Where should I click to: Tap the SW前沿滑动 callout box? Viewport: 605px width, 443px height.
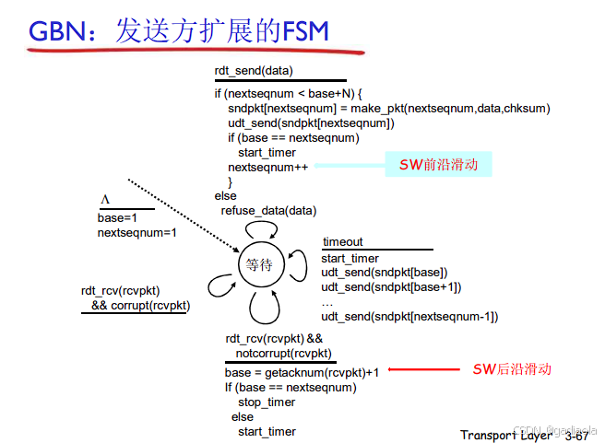pyautogui.click(x=438, y=165)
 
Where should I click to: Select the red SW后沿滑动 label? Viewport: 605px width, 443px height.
pyautogui.click(x=512, y=369)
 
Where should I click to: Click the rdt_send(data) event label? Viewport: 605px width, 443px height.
pyautogui.click(x=254, y=70)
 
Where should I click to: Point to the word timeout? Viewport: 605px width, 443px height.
pyautogui.click(x=342, y=242)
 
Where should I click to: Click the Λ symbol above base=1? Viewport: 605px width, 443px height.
pyautogui.click(x=105, y=201)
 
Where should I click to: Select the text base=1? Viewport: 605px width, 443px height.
pyautogui.click(x=117, y=217)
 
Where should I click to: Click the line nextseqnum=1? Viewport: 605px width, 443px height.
pyautogui.click(x=136, y=233)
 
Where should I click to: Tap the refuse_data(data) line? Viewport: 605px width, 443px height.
pyautogui.click(x=269, y=211)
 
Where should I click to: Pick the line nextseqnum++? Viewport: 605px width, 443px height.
pyautogui.click(x=268, y=167)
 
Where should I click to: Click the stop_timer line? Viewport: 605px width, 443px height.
pyautogui.click(x=267, y=402)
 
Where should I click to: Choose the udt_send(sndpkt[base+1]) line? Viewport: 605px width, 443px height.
pyautogui.click(x=390, y=287)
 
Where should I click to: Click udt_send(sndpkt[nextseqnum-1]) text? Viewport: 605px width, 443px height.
pyautogui.click(x=409, y=317)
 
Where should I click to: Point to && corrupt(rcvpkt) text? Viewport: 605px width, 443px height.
pyautogui.click(x=139, y=305)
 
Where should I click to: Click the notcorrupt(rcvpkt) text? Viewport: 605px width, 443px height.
pyautogui.click(x=283, y=354)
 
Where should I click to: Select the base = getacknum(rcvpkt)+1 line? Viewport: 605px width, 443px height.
pyautogui.click(x=302, y=372)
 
